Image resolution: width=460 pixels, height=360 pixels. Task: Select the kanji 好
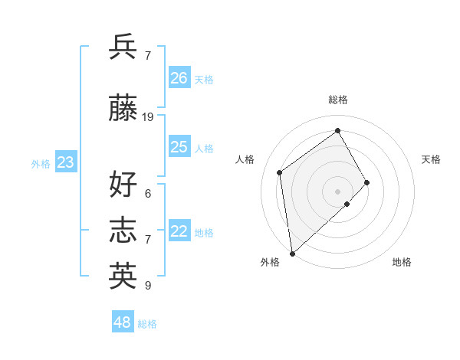tap(123, 184)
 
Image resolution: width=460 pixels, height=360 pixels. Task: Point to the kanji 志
tap(123, 230)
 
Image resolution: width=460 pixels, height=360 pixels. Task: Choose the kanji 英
tap(123, 275)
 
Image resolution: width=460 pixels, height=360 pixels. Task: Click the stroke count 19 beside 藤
tap(148, 117)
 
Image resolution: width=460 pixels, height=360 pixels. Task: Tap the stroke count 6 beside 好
tap(148, 193)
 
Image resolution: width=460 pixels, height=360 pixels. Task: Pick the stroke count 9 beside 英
tap(148, 285)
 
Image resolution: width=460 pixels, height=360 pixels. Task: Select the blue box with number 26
tap(179, 77)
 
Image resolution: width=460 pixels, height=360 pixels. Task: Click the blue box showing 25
tap(179, 147)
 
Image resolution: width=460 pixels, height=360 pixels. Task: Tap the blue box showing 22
tap(179, 231)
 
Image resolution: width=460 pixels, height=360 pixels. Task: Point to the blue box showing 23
tap(65, 162)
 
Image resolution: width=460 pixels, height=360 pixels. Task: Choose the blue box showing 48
tap(122, 322)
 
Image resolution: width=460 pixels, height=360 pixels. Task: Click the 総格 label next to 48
tap(147, 324)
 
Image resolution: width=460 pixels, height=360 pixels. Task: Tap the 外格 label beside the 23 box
tap(41, 164)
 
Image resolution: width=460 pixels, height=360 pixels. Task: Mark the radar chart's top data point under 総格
tap(337, 130)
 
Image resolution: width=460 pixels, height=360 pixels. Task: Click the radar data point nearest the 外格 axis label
tap(291, 253)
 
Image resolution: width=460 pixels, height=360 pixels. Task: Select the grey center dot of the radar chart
tap(337, 190)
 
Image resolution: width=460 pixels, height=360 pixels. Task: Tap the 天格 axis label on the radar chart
tap(431, 159)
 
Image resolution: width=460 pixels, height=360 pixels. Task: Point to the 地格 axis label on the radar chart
tap(402, 262)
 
